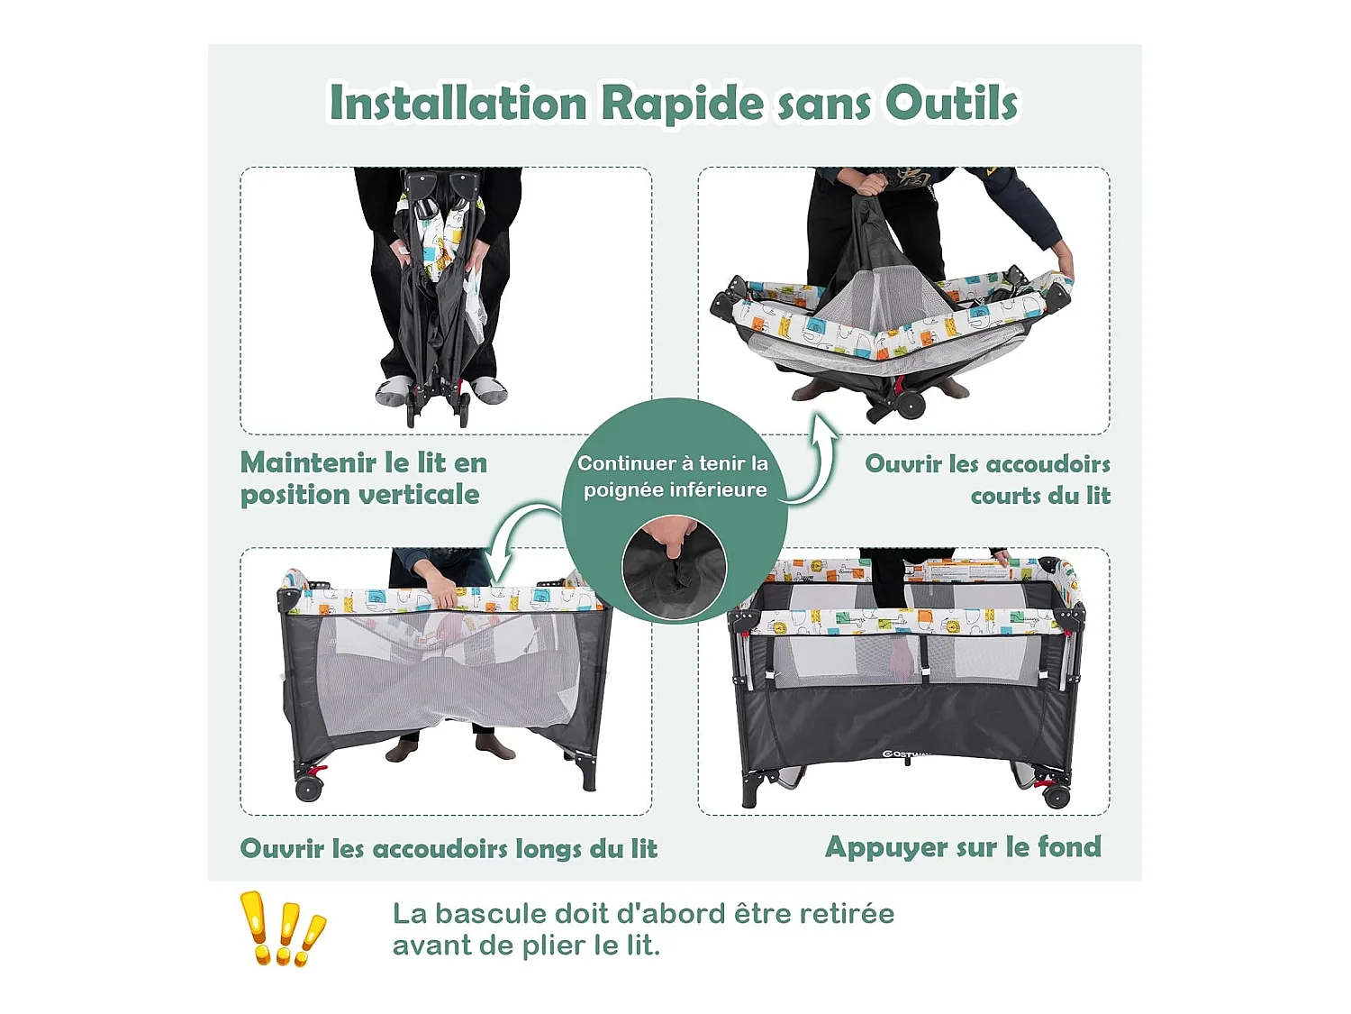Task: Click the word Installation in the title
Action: (x=458, y=102)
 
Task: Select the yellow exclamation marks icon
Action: (x=283, y=928)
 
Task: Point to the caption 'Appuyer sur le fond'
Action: (x=963, y=848)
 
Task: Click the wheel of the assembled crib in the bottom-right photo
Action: (x=1056, y=797)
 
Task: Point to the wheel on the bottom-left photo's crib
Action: (x=309, y=789)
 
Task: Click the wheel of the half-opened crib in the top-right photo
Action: (x=911, y=405)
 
